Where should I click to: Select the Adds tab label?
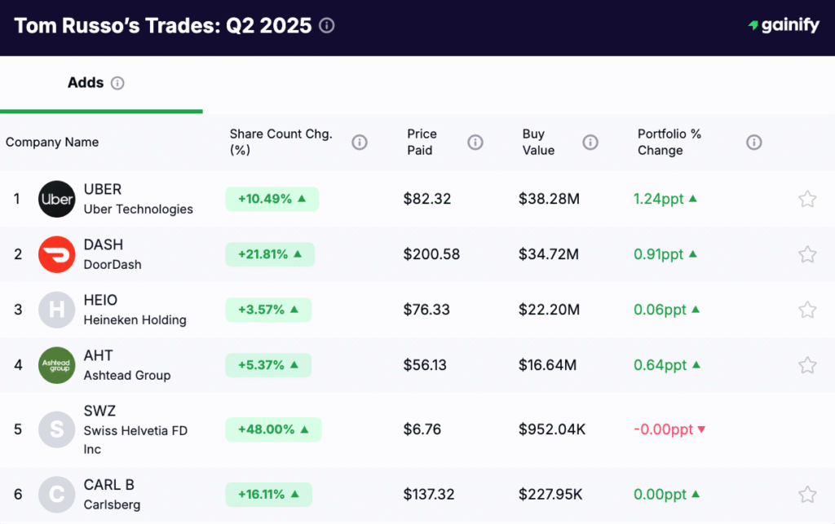[x=86, y=83]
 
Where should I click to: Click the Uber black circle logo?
[x=56, y=199]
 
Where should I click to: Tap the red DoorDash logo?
[x=56, y=254]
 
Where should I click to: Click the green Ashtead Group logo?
[x=56, y=365]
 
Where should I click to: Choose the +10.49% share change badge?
[x=272, y=199]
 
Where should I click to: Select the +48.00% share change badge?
[x=273, y=429]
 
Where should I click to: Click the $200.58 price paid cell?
[x=431, y=254]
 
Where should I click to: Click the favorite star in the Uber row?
[x=806, y=199]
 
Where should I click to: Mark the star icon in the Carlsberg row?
[x=806, y=494]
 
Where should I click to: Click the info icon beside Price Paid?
[x=475, y=143]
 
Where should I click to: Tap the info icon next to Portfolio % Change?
[x=753, y=143]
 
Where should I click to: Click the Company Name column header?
[x=52, y=143]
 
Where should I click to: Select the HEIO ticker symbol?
[x=100, y=300]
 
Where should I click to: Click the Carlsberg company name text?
[x=111, y=504]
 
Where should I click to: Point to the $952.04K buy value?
[x=552, y=429]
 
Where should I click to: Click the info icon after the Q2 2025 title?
[x=327, y=26]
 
